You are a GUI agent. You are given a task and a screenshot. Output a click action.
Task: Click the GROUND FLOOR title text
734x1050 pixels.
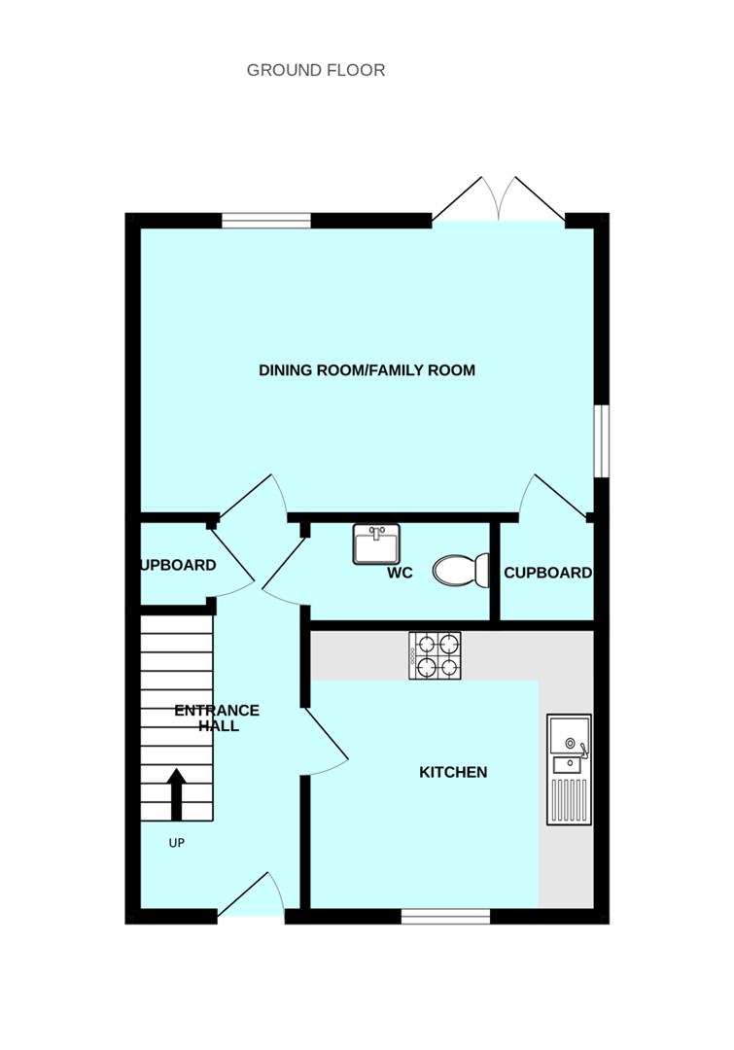point(315,70)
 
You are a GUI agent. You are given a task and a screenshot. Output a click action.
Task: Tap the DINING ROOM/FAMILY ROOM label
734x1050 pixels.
point(367,370)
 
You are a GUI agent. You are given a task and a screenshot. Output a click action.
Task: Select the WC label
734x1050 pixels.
point(400,574)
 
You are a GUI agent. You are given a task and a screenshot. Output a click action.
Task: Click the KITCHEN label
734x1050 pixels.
point(453,773)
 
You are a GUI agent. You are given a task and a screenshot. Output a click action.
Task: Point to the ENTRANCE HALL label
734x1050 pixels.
point(217,717)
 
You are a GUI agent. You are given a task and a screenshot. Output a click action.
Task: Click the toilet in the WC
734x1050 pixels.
point(462,570)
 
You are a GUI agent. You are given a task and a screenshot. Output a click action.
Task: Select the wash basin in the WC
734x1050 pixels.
point(375,544)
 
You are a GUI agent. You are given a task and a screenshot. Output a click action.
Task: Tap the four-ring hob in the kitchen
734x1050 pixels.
point(435,655)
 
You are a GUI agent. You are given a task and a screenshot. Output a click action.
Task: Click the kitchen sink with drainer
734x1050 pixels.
point(569,769)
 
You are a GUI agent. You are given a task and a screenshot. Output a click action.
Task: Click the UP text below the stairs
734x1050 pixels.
point(176,844)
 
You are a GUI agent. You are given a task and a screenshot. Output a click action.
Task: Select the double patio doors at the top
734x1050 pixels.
point(499,201)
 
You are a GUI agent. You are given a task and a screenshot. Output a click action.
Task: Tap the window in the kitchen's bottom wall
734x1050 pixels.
point(445,916)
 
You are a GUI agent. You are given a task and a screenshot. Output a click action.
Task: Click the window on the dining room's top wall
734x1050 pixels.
point(266,221)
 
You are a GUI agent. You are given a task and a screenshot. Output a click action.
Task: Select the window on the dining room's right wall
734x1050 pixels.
point(602,441)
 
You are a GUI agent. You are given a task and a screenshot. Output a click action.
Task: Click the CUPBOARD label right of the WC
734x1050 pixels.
point(547,574)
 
